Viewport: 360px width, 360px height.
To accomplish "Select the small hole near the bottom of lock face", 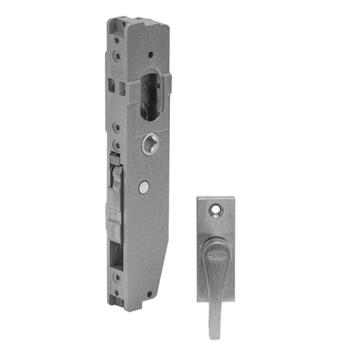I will coord(149,294).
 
